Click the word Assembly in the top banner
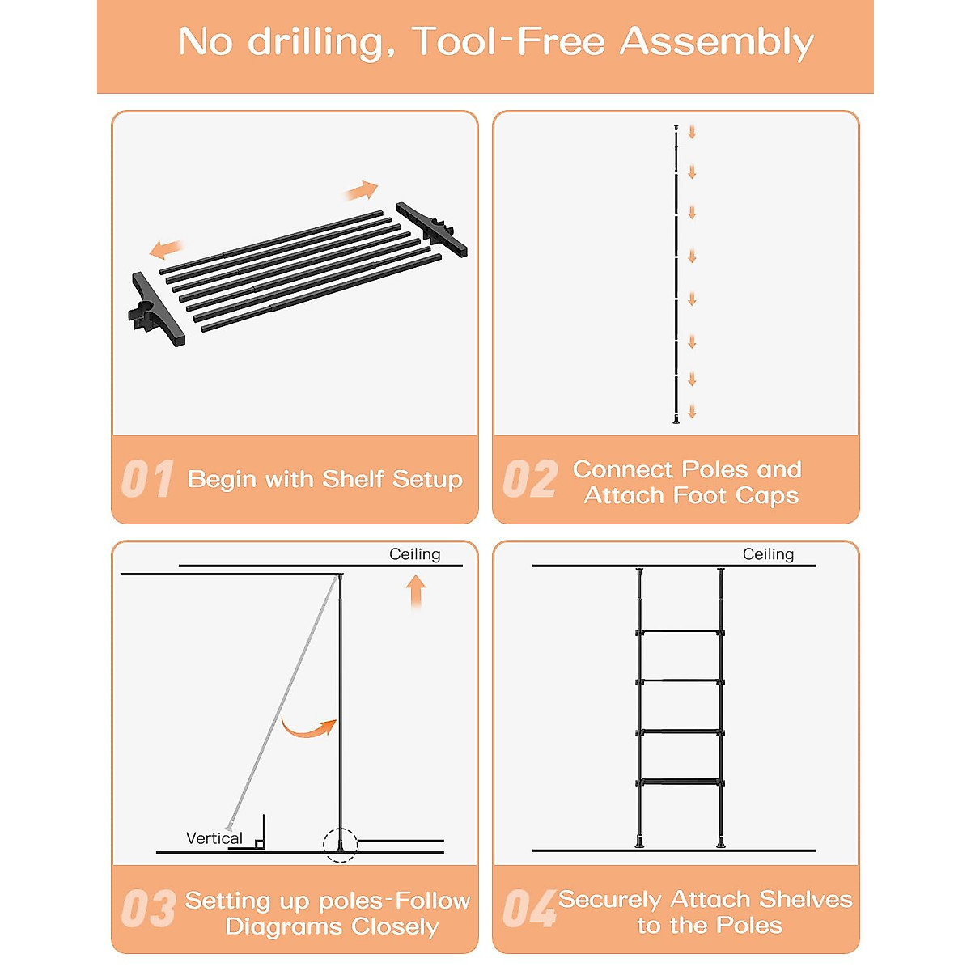pos(716,44)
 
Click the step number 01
pos(147,479)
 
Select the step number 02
pos(530,479)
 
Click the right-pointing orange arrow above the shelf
pos(361,190)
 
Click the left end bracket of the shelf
pos(156,309)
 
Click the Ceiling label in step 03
pos(415,553)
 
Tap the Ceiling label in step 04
pos(768,553)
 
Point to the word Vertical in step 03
pos(214,838)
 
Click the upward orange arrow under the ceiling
pos(416,592)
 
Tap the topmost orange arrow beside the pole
pos(692,133)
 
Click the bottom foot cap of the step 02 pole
pos(676,419)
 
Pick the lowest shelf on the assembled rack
pos(681,782)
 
